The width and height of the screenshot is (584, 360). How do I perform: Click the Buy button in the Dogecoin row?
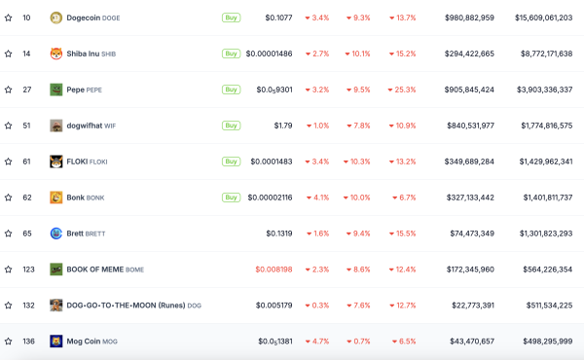point(231,18)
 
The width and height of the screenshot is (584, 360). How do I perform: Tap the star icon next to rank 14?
point(9,54)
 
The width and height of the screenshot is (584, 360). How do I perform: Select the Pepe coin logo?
point(56,90)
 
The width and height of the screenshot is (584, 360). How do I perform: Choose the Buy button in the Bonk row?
point(231,198)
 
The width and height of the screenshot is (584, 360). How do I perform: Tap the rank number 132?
point(28,306)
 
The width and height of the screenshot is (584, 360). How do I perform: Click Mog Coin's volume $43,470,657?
point(466,342)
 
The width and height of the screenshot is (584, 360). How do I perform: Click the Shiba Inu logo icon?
point(56,54)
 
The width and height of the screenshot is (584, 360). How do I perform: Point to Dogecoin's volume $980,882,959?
point(463,18)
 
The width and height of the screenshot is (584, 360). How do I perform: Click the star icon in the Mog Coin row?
point(9,342)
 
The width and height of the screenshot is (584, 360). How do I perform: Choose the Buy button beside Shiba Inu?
point(231,54)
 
